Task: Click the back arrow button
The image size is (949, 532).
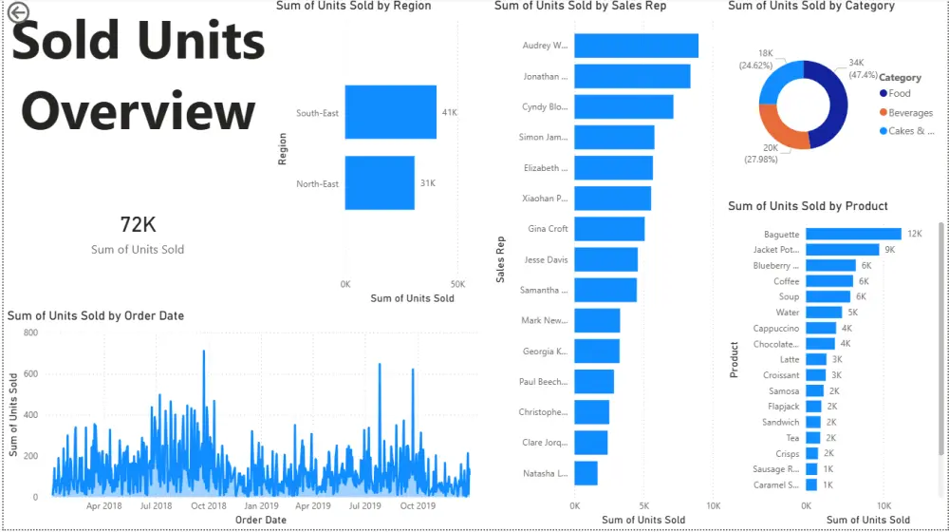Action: [x=18, y=12]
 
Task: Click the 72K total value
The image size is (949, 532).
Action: [x=138, y=225]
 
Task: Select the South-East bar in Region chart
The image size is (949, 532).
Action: [x=390, y=112]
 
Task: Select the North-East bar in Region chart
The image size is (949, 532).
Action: [x=380, y=182]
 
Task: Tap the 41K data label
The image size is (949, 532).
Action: [x=450, y=112]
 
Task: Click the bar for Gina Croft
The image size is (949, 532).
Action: [x=609, y=229]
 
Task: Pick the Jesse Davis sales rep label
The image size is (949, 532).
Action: [x=546, y=259]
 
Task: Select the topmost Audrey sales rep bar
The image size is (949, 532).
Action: [x=636, y=46]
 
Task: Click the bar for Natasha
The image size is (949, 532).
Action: [x=586, y=472]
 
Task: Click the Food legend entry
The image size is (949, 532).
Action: [x=899, y=93]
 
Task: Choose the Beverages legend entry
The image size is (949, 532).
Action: [x=910, y=113]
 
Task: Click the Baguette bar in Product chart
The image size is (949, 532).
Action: [x=853, y=234]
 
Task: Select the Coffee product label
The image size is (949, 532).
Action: [x=786, y=281]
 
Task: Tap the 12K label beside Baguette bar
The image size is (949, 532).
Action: [x=914, y=234]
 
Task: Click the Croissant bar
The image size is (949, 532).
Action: [x=816, y=375]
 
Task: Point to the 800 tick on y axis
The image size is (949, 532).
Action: [x=30, y=333]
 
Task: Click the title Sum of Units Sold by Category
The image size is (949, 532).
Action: [x=810, y=6]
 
